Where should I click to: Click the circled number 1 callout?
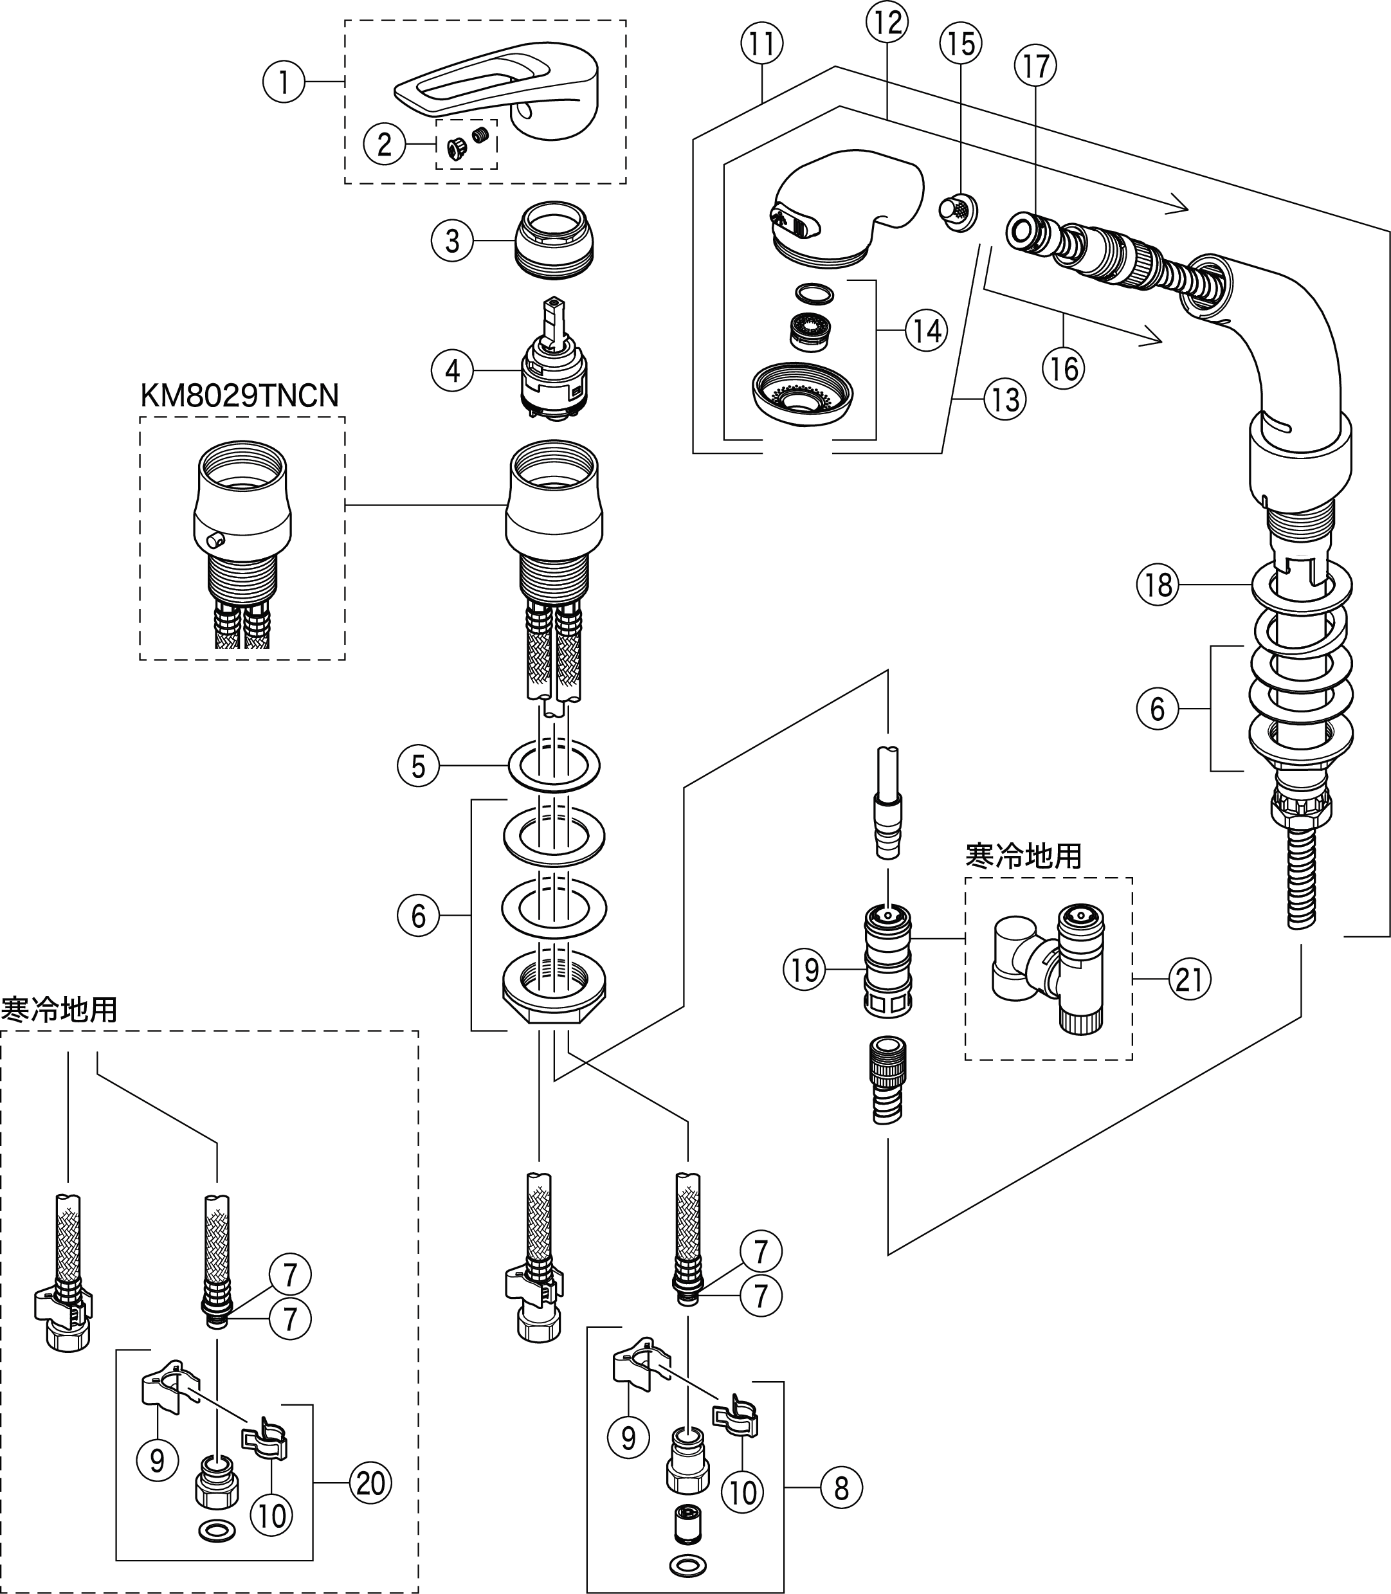tap(284, 82)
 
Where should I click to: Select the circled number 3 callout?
tap(451, 240)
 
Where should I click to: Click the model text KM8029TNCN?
tap(239, 396)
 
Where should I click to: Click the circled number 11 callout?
tap(761, 44)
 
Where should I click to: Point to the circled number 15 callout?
tap(961, 44)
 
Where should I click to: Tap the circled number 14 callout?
tap(927, 331)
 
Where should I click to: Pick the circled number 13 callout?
tap(1005, 400)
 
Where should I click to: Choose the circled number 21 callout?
tap(1189, 980)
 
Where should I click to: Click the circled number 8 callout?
tap(841, 1488)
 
